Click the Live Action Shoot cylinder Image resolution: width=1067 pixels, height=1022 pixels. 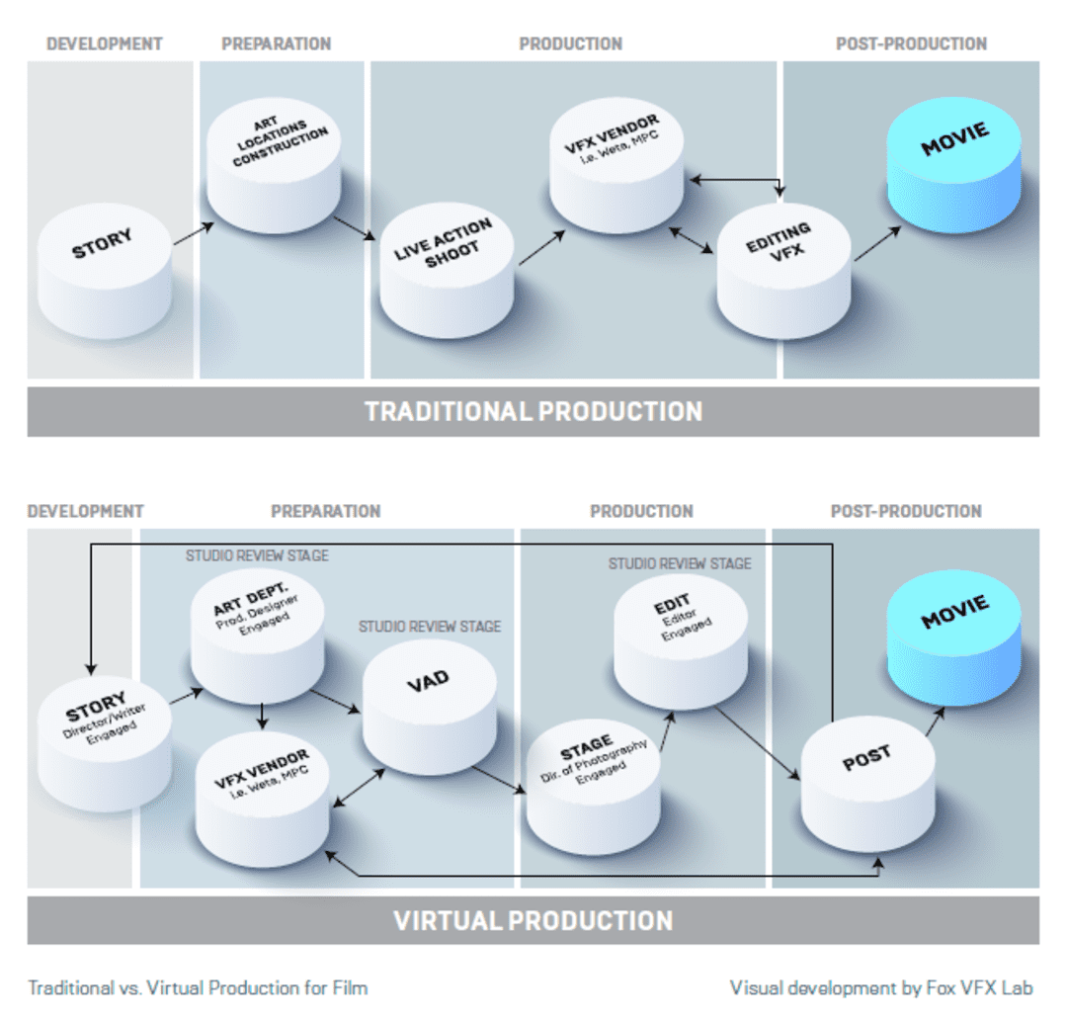tap(447, 270)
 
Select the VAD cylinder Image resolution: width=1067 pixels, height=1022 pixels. tap(430, 707)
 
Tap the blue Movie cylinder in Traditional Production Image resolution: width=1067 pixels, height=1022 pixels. tap(954, 165)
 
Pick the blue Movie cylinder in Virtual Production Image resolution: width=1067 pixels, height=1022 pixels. tap(954, 638)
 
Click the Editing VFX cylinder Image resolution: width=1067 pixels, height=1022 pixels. tap(783, 270)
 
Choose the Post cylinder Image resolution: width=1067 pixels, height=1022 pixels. tap(868, 784)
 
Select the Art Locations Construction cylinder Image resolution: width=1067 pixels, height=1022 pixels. tap(274, 165)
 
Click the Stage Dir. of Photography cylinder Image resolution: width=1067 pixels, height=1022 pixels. tap(594, 787)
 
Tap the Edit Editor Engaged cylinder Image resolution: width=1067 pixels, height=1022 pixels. tap(681, 642)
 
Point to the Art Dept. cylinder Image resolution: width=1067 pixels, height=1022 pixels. tap(257, 637)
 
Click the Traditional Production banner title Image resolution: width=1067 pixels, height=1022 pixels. tap(533, 412)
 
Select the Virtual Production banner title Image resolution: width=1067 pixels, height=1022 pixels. tap(533, 920)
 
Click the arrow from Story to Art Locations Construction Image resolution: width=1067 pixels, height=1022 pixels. tap(194, 233)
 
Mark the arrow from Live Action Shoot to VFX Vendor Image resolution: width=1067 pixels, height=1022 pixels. tap(541, 248)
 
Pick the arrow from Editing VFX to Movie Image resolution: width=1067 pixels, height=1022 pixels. tap(878, 244)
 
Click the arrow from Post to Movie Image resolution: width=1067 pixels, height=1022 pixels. tap(935, 722)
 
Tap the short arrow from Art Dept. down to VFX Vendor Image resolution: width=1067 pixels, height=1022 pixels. tap(262, 716)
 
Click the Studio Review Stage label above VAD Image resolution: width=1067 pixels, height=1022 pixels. tap(430, 627)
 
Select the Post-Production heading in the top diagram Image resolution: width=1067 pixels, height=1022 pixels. tap(911, 43)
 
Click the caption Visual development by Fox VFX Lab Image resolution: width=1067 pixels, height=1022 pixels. tap(881, 988)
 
